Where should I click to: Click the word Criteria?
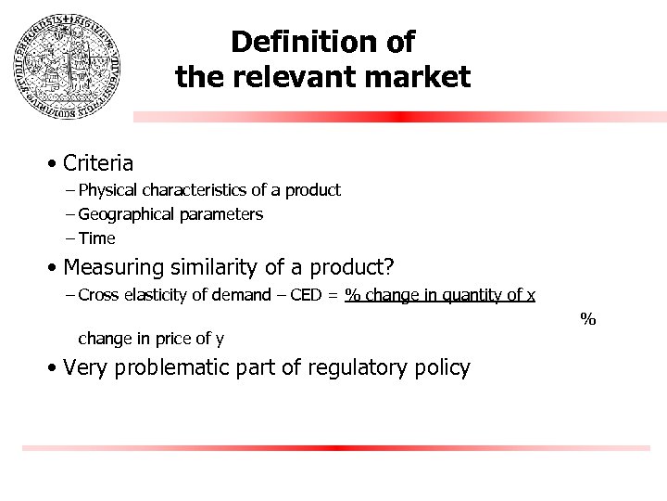tap(98, 163)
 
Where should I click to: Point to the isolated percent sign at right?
tap(587, 319)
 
